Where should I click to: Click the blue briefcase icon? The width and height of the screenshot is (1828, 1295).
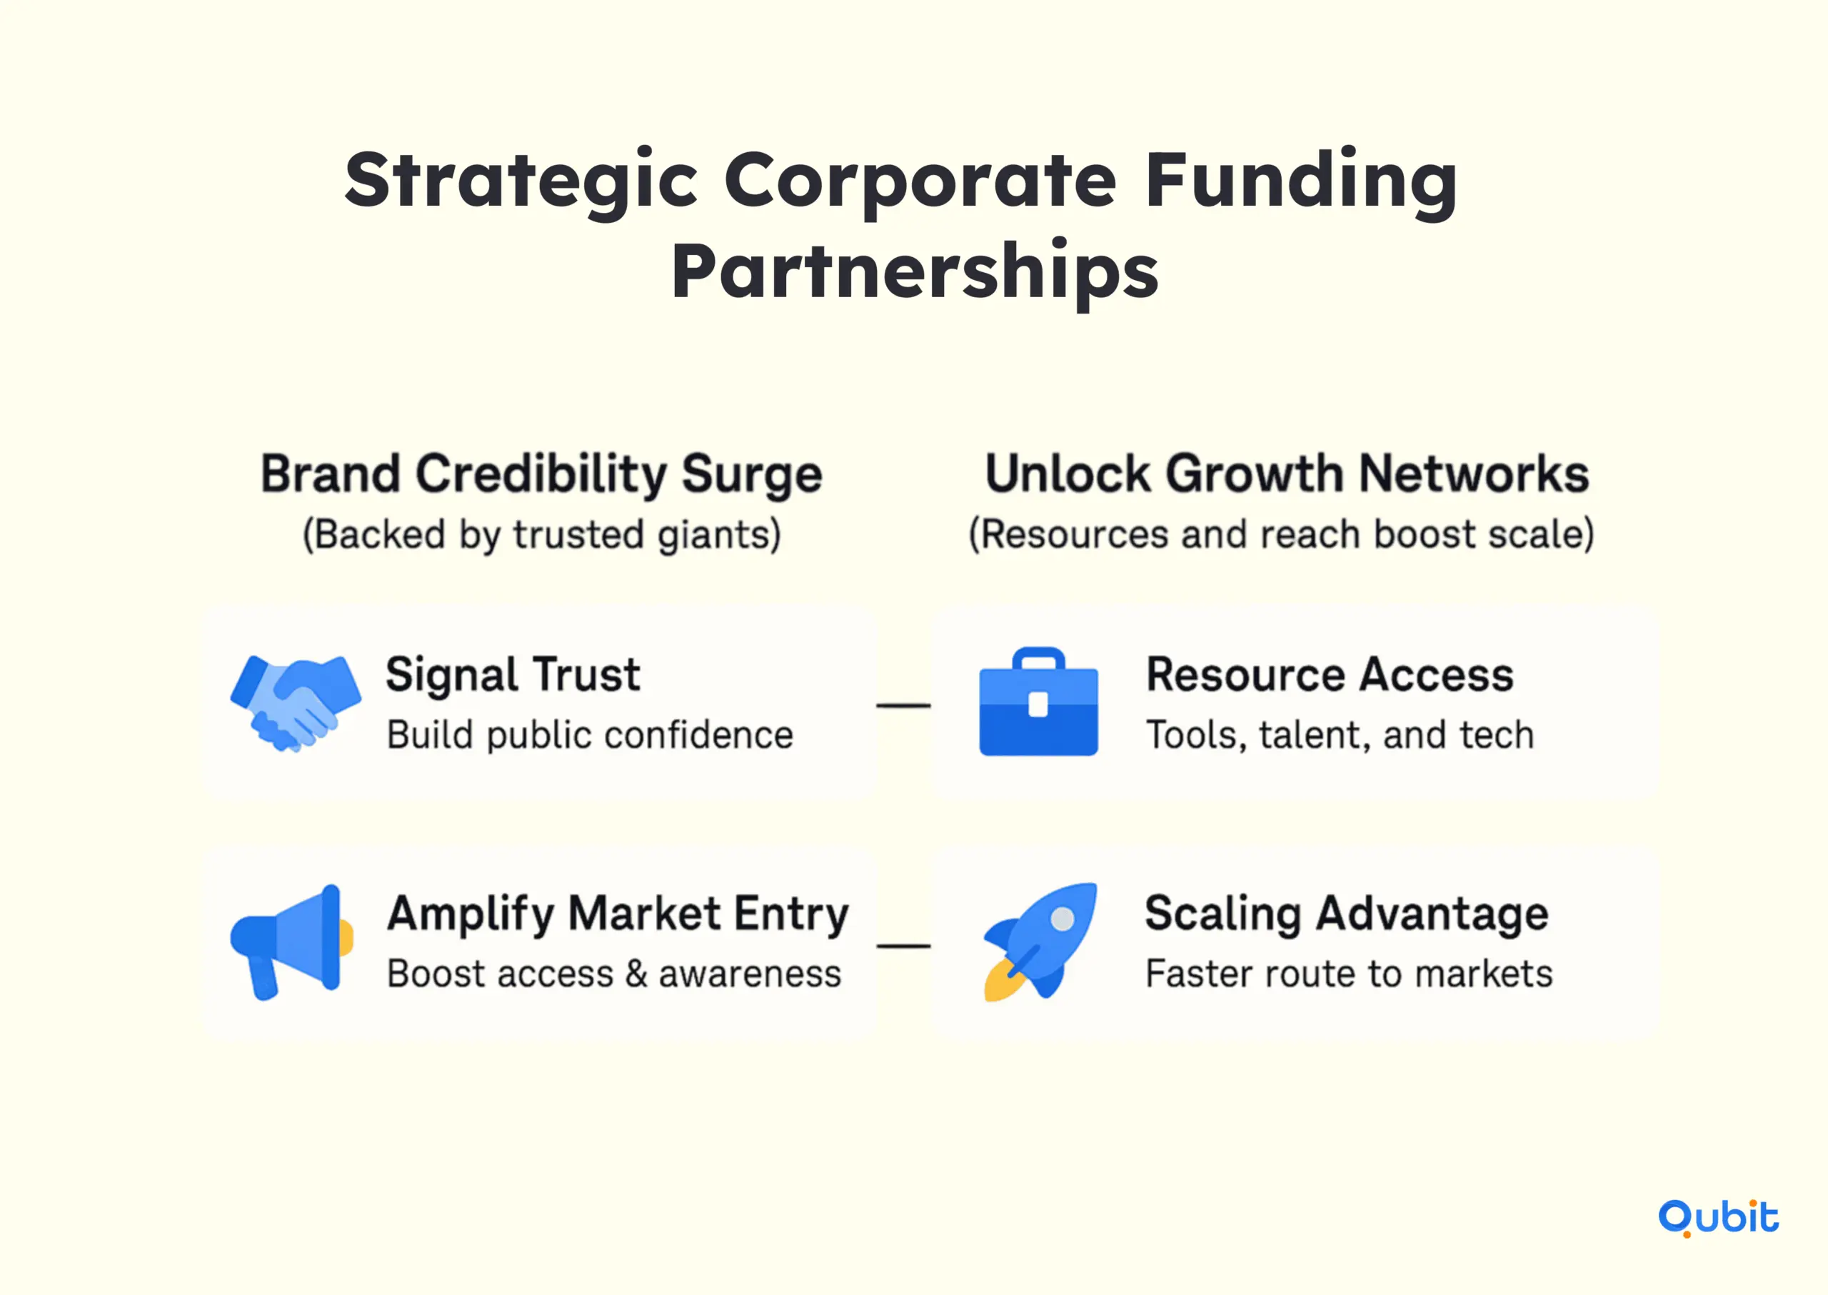pyautogui.click(x=1038, y=701)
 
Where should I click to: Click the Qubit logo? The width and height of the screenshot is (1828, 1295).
pyautogui.click(x=1718, y=1218)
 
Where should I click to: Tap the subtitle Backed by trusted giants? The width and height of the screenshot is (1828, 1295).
pyautogui.click(x=541, y=534)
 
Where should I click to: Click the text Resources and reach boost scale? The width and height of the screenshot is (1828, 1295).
pyautogui.click(x=1281, y=534)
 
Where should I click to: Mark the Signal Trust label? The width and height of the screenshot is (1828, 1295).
pyautogui.click(x=513, y=676)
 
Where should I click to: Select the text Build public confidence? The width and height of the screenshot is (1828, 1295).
pyautogui.click(x=590, y=734)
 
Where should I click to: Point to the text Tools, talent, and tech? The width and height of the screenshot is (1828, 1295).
pyautogui.click(x=1340, y=735)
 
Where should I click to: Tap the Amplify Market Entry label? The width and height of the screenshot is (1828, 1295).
pyautogui.click(x=618, y=914)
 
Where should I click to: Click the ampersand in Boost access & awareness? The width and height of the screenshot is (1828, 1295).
pyautogui.click(x=636, y=974)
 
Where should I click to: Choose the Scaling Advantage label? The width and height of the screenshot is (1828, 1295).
pyautogui.click(x=1347, y=914)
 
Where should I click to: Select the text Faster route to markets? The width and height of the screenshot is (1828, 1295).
pyautogui.click(x=1349, y=974)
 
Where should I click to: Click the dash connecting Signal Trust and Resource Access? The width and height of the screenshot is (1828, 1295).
pyautogui.click(x=903, y=706)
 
